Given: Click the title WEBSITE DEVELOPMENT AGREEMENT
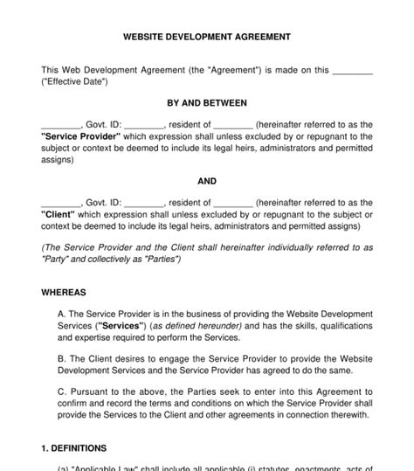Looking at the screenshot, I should pyautogui.click(x=207, y=38).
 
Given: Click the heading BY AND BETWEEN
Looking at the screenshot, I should pyautogui.click(x=207, y=103).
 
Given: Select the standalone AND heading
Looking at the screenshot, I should pyautogui.click(x=207, y=181).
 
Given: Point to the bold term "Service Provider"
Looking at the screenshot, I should pyautogui.click(x=78, y=137).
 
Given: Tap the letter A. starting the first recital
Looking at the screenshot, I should pyautogui.click(x=60, y=314).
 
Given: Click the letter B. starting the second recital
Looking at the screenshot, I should pyautogui.click(x=60, y=358).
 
